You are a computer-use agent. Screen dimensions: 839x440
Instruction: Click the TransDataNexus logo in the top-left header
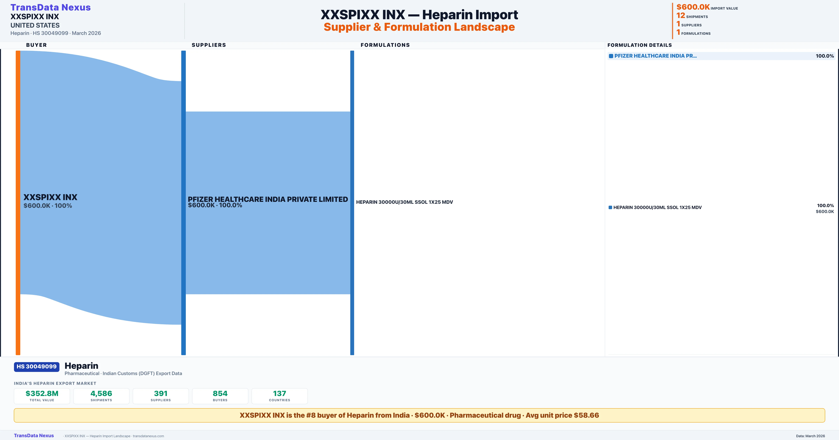pos(51,8)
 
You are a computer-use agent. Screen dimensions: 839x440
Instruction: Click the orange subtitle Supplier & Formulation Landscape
pos(419,27)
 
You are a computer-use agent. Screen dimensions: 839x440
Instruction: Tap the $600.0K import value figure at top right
pos(693,7)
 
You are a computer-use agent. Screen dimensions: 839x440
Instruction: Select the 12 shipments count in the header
pos(681,15)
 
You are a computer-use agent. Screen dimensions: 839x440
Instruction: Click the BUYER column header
pos(37,45)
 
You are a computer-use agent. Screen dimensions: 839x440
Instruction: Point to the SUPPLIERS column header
pos(209,45)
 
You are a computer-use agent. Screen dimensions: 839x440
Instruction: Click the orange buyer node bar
pos(18,202)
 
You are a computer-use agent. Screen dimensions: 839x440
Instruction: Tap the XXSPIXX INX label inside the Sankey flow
pos(50,197)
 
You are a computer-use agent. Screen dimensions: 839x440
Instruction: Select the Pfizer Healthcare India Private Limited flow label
pos(268,199)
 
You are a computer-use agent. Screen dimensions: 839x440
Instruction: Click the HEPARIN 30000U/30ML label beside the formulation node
pos(404,202)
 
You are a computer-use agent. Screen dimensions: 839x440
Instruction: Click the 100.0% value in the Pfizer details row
pos(825,56)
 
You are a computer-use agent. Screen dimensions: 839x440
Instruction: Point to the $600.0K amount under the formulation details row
pos(825,212)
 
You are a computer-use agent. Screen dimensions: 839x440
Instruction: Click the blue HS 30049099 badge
pos(37,367)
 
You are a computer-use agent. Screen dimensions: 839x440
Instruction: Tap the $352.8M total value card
pos(42,396)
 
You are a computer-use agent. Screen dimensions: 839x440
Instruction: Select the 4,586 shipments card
pos(101,396)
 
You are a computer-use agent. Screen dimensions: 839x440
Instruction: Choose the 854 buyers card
pos(220,396)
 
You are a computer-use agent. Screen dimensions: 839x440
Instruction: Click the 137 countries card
pos(279,396)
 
